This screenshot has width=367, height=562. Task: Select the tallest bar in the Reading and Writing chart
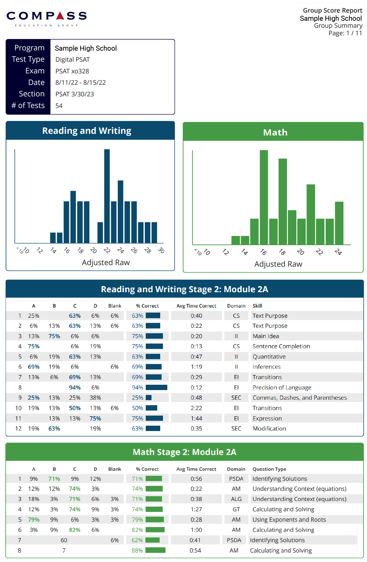107,196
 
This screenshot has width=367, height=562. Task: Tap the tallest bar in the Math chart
264,197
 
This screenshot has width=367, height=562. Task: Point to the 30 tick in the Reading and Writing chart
161,250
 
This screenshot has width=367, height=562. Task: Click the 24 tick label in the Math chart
338,252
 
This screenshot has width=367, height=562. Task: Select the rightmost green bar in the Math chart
339,223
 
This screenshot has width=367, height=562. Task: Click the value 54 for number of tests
59,106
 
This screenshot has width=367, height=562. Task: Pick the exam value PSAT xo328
72,71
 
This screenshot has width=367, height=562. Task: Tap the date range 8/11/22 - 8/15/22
81,82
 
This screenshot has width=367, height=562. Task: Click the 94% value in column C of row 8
75,388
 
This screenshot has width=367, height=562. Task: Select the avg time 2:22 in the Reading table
196,408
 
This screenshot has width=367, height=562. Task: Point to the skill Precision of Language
282,388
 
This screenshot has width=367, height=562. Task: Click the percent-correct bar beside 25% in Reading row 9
149,398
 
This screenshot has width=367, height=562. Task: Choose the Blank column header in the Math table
115,469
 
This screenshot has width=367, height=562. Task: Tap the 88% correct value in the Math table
137,550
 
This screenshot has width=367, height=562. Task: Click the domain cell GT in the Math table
236,509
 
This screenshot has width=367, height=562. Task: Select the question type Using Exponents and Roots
289,519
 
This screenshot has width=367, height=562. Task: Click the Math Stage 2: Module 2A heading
184,452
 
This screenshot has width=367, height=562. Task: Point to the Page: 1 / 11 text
345,33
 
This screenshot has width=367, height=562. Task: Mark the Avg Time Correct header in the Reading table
196,306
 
